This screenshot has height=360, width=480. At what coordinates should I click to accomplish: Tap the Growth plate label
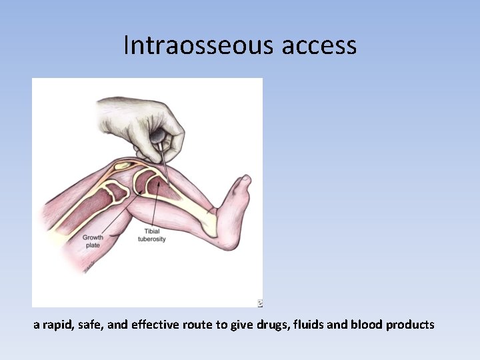(93, 241)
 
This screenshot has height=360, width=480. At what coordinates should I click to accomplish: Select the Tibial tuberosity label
(152, 235)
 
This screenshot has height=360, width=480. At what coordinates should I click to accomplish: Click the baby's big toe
(245, 179)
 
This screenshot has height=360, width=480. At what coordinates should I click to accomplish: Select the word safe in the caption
(88, 325)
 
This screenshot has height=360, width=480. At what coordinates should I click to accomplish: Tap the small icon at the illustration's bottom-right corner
(259, 303)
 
